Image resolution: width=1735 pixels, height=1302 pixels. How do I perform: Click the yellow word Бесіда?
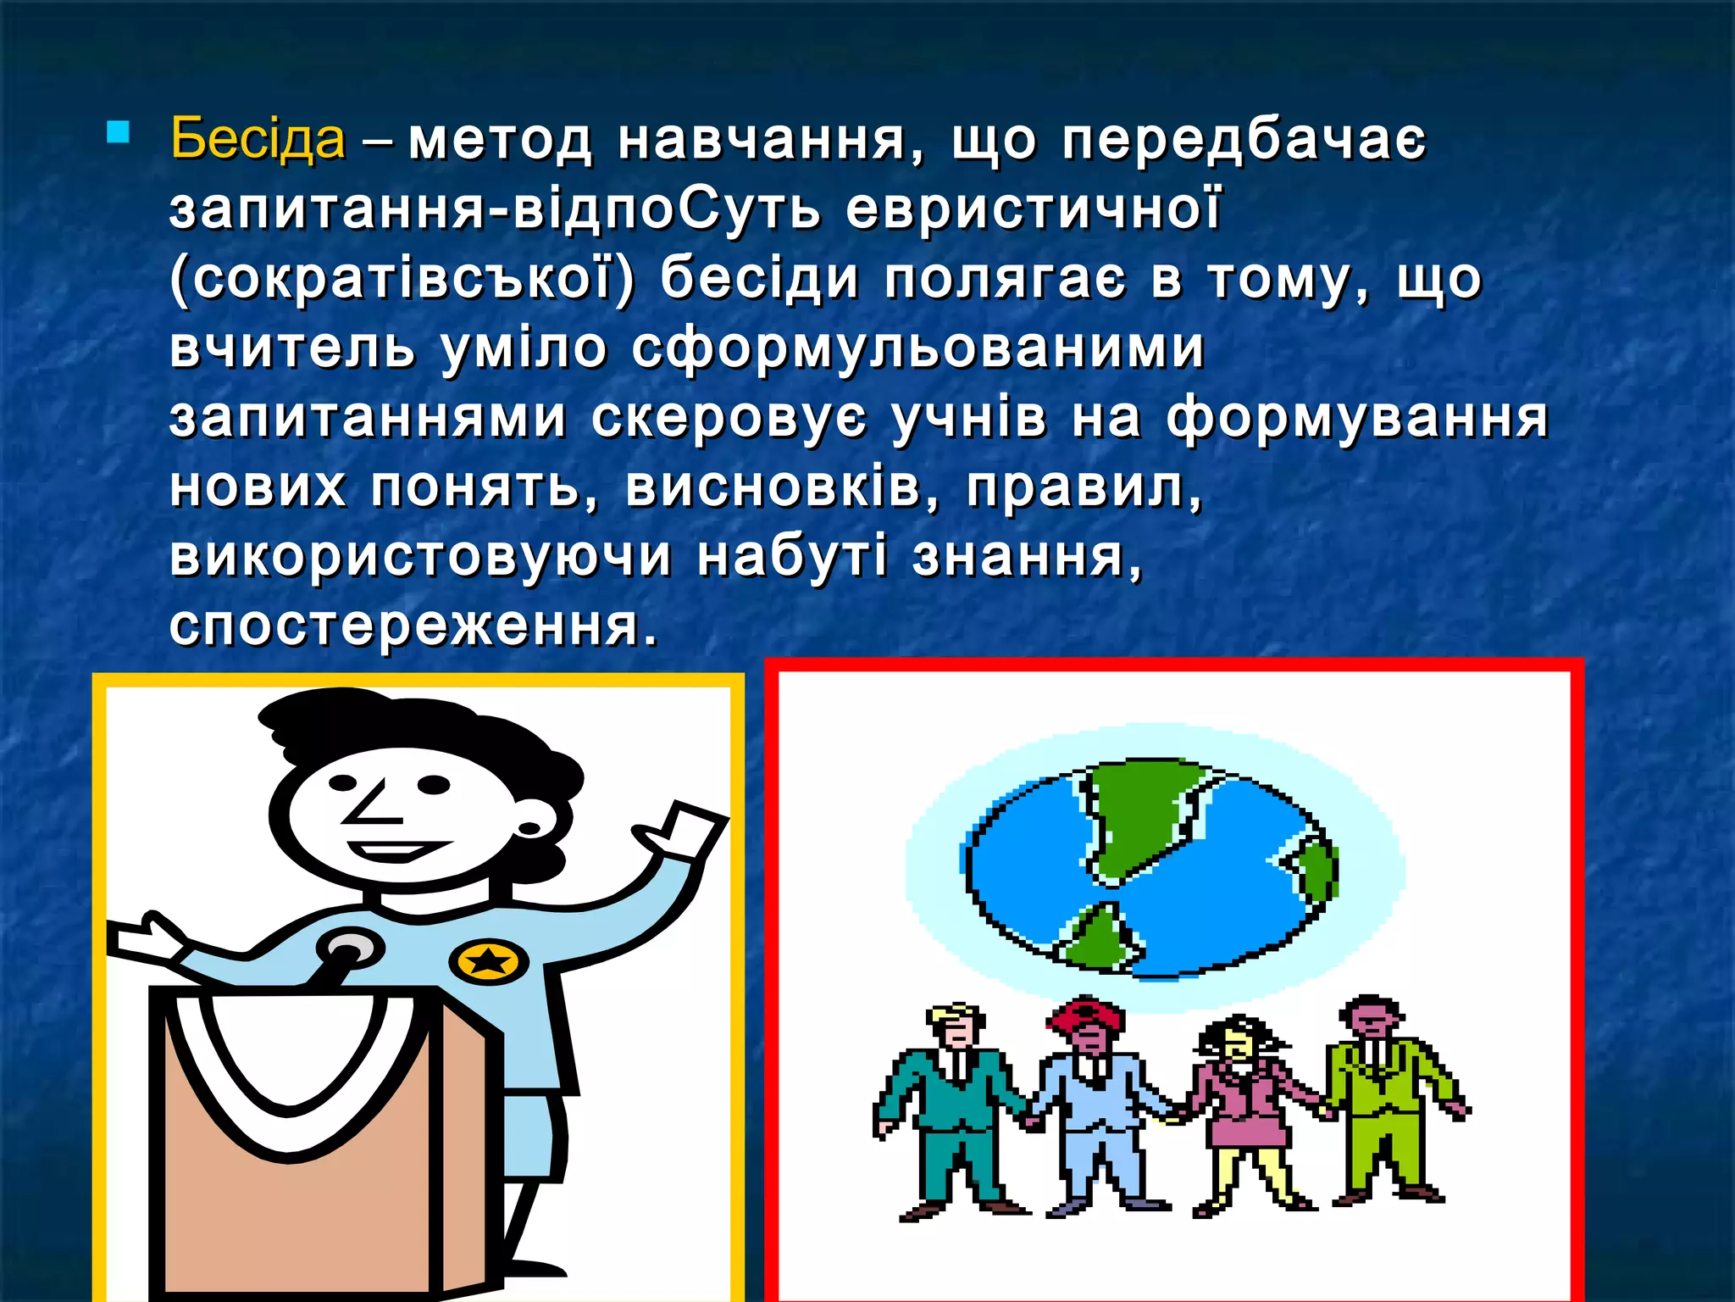point(258,138)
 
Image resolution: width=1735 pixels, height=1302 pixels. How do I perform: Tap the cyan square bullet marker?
point(119,133)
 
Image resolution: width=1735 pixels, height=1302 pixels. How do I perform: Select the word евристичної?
point(1034,209)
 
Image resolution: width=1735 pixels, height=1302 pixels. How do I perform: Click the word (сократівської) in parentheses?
point(402,279)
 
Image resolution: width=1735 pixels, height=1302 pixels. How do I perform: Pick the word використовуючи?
point(421,557)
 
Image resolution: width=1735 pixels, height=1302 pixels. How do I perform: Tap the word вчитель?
point(292,348)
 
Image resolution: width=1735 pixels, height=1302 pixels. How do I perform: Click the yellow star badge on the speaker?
point(488,961)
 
